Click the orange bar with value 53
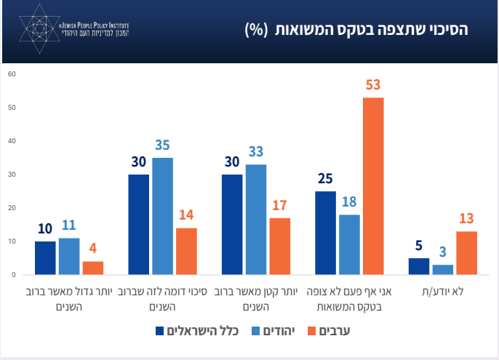pos(373,186)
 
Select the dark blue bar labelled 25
pos(326,233)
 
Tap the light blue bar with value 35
pos(162,216)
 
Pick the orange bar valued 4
pos(93,268)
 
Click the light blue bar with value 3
pos(442,270)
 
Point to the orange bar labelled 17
pos(280,246)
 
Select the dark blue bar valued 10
pos(45,257)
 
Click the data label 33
pos(256,151)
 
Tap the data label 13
pos(467,218)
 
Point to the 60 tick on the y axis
pos(11,74)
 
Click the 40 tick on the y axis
pos(11,141)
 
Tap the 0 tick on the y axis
pos(12,275)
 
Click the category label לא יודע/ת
pos(443,292)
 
